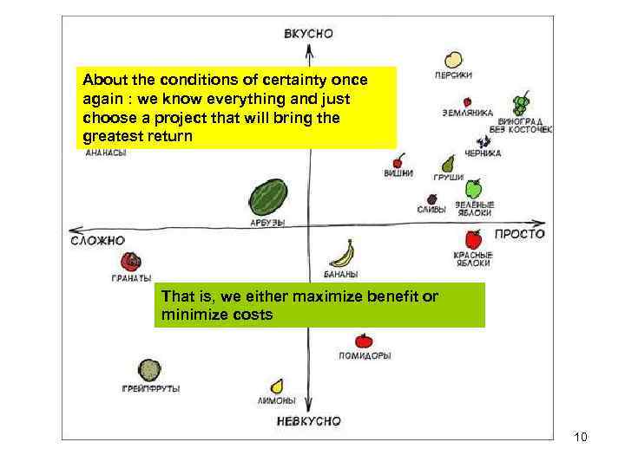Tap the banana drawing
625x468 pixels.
(342, 254)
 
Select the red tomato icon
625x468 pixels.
(364, 341)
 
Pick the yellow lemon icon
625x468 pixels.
(277, 386)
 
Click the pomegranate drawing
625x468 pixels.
(131, 262)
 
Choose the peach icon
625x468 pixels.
(452, 60)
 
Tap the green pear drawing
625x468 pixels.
(448, 163)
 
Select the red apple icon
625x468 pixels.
(473, 239)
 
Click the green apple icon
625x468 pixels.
(473, 188)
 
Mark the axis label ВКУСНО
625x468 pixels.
(308, 34)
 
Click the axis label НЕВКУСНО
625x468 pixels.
(309, 421)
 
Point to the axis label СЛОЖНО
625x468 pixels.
(97, 240)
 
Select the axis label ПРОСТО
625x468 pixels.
(520, 234)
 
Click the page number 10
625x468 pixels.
(581, 437)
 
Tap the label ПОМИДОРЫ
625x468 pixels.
(365, 355)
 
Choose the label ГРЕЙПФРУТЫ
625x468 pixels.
(151, 389)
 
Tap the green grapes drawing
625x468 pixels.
(520, 105)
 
